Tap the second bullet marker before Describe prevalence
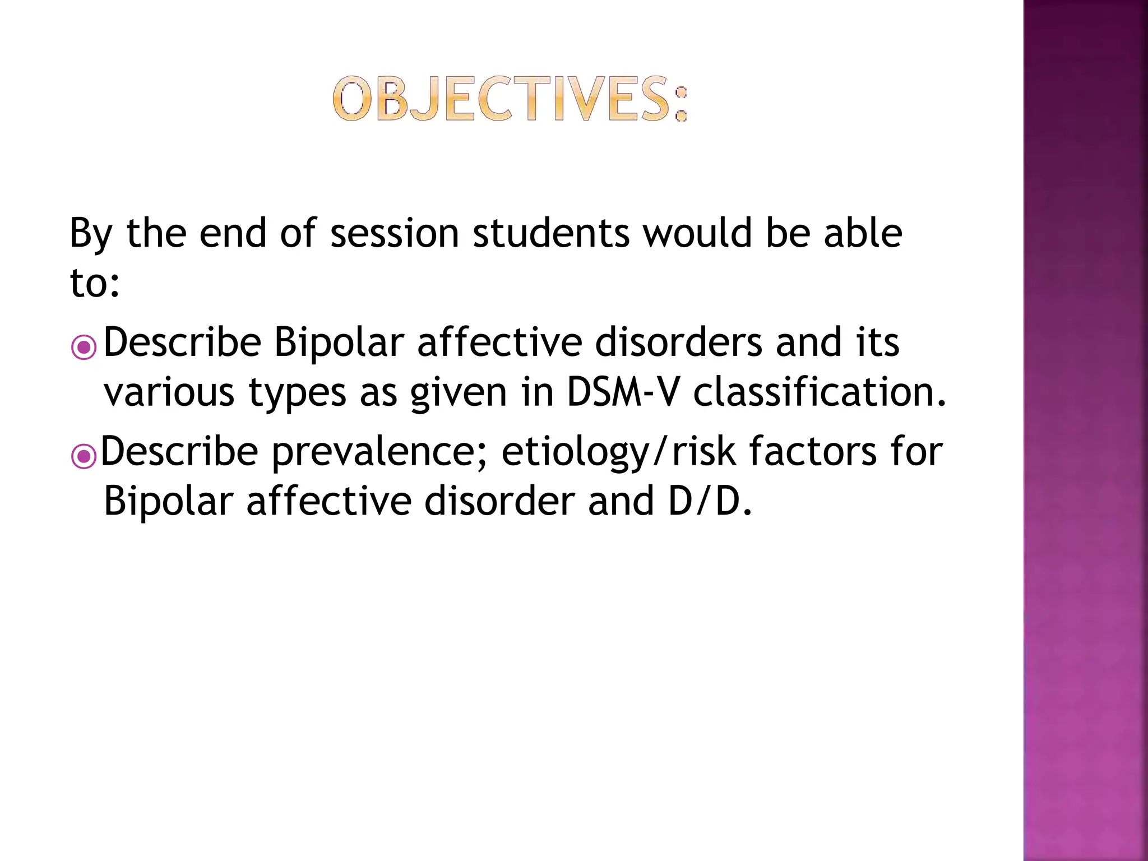point(84,456)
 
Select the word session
point(395,233)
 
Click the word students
point(551,233)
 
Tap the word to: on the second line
point(94,283)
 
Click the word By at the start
point(91,233)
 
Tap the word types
point(297,394)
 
